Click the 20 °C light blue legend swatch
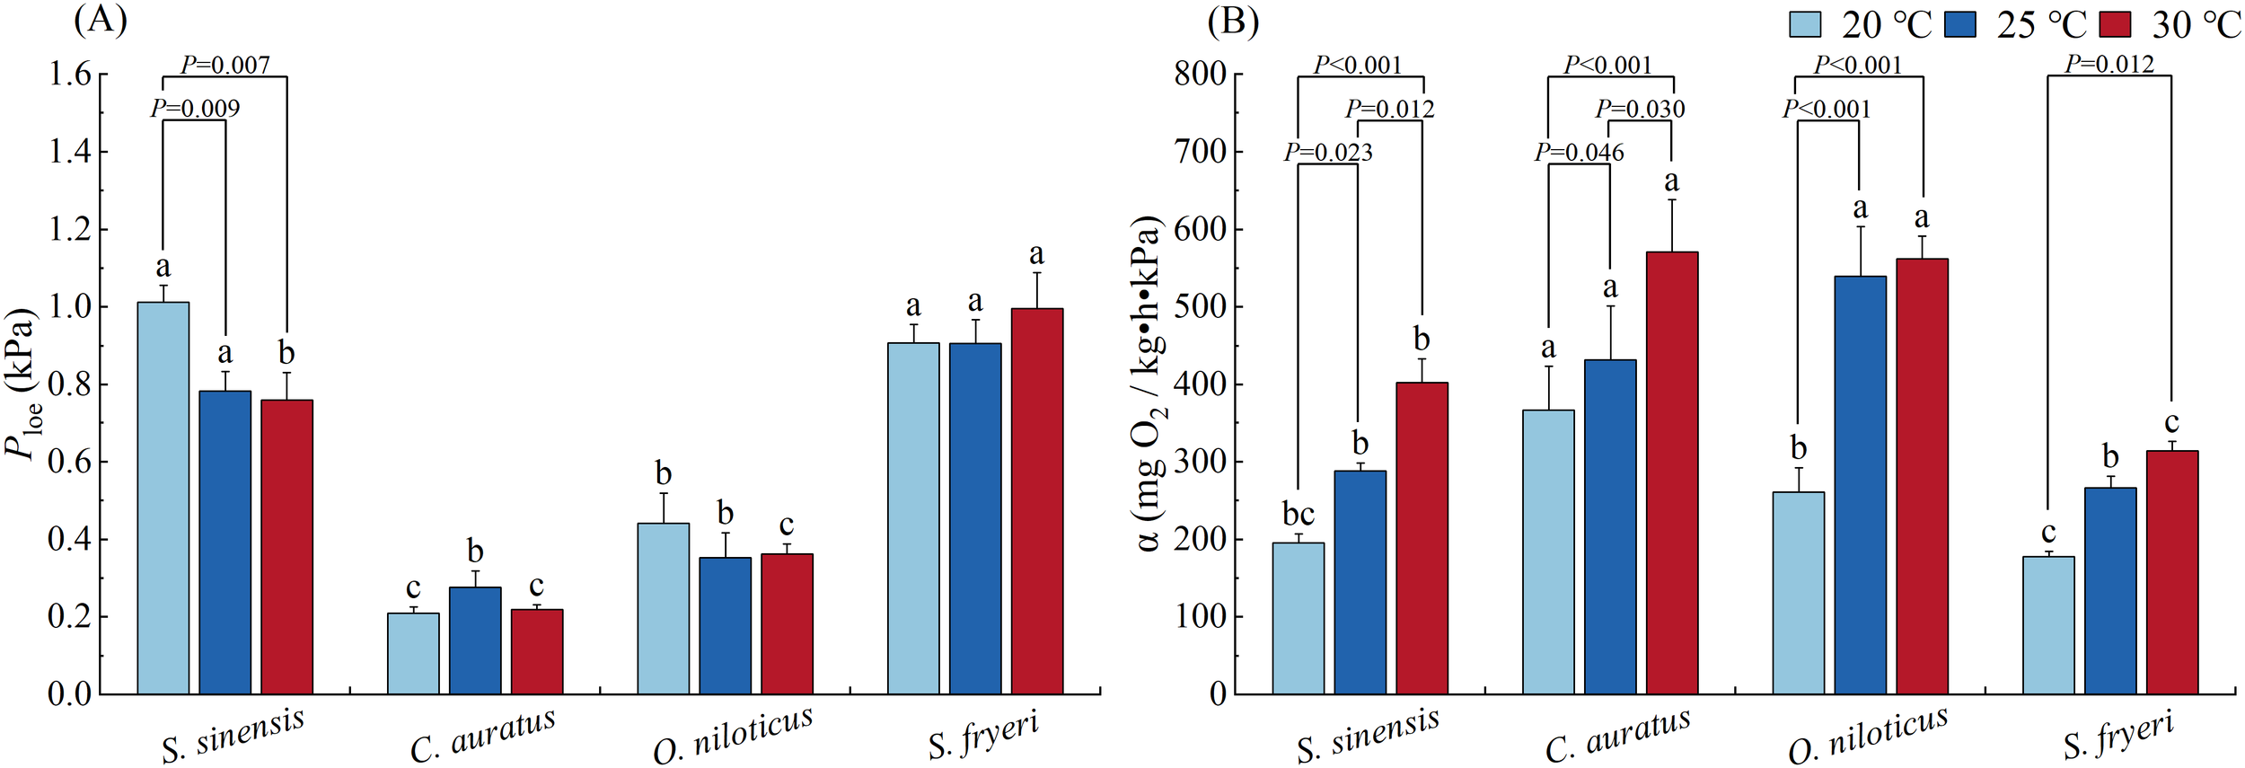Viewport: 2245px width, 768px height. pos(1804,24)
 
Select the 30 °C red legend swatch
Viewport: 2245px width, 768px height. pos(2115,24)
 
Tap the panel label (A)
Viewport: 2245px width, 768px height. pos(101,20)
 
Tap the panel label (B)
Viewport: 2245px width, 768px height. pos(1233,20)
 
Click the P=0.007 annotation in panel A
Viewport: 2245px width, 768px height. pos(225,64)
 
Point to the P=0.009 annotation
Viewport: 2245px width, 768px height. pos(195,108)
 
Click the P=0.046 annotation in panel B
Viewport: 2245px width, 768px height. pos(1579,152)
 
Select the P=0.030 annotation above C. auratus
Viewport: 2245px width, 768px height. pos(1640,109)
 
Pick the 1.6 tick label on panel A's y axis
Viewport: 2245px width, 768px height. pos(69,74)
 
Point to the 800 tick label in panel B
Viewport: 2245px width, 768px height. pos(1200,74)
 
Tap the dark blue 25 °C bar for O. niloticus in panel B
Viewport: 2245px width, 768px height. pos(1860,485)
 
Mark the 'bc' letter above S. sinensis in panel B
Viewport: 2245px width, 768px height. pos(1299,514)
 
